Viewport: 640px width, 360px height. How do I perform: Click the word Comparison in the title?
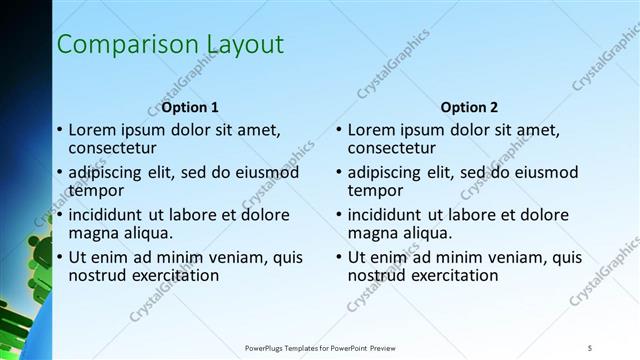(112, 45)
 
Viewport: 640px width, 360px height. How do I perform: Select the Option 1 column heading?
(189, 107)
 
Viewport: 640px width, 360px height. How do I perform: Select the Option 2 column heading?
(469, 107)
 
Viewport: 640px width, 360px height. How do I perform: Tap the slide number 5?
(590, 347)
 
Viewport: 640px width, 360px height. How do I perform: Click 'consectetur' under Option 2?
(390, 148)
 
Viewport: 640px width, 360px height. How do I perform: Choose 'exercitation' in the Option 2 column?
(451, 275)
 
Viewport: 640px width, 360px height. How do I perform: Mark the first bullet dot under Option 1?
(59, 131)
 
